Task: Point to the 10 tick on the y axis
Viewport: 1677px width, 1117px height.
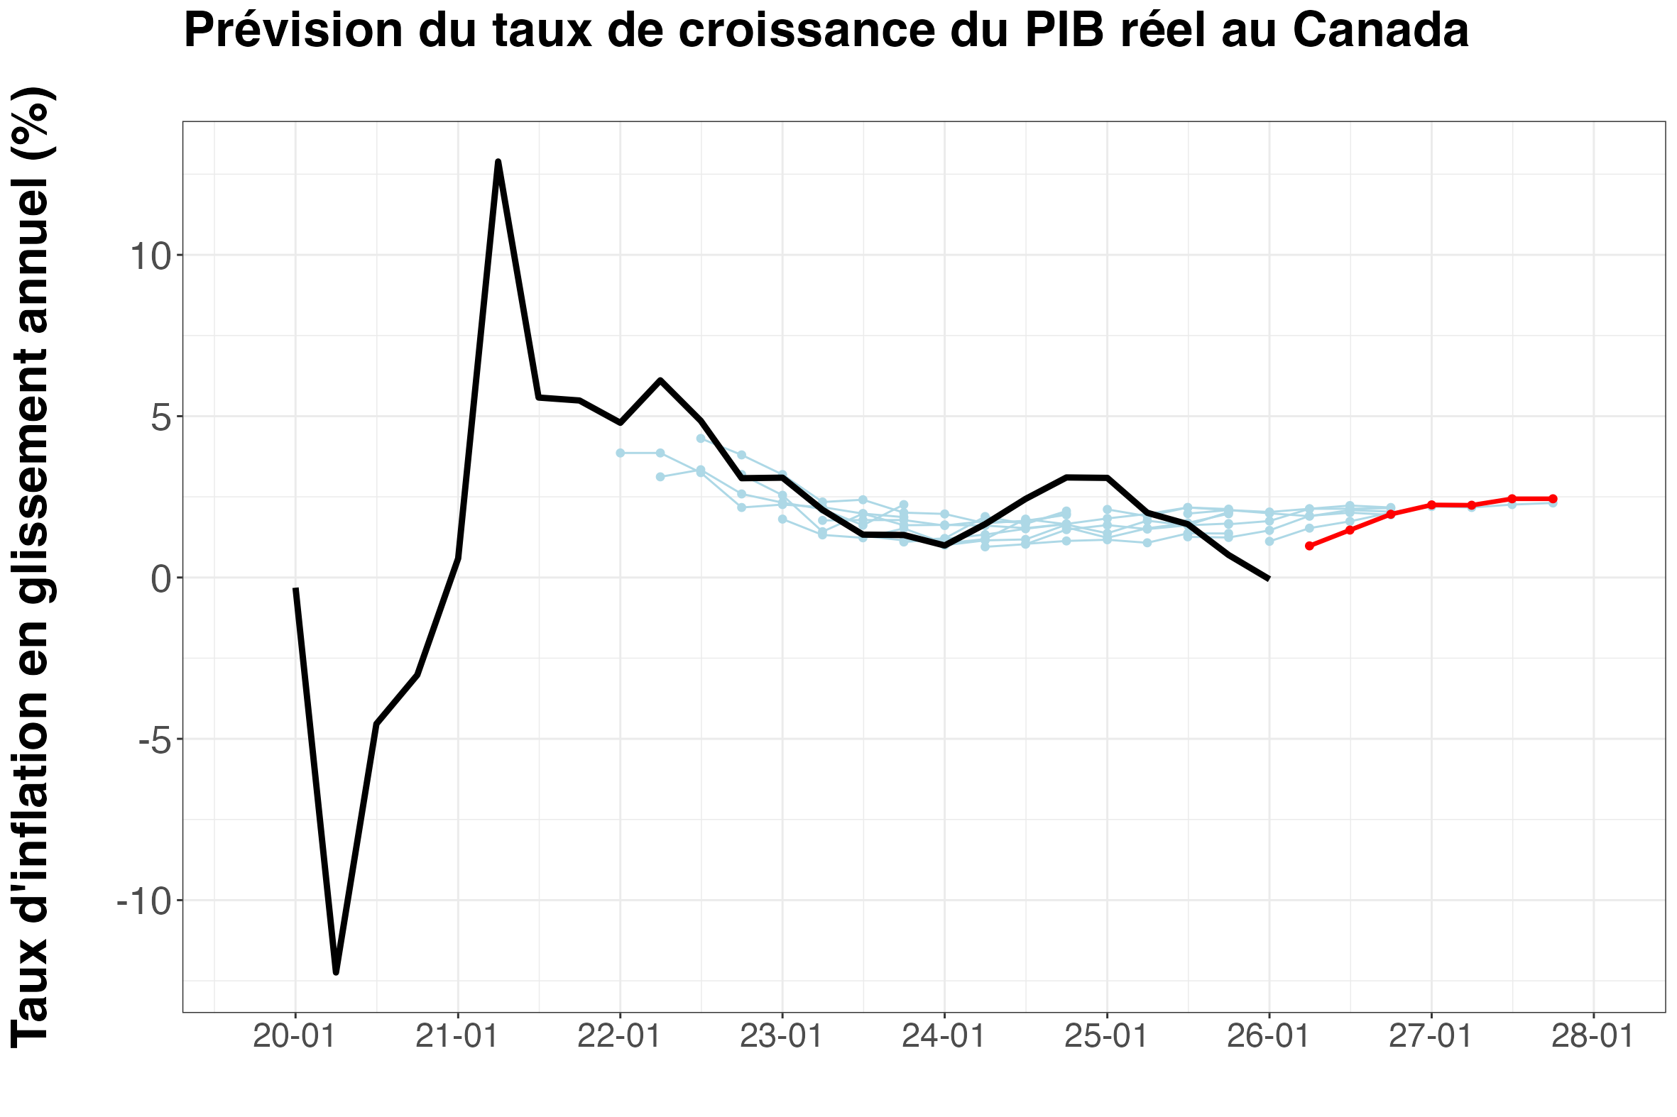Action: pos(151,256)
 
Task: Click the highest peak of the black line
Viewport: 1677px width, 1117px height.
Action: pos(498,162)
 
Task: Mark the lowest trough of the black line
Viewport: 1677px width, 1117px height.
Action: pos(336,972)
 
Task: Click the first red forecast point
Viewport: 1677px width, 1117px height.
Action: pos(1309,546)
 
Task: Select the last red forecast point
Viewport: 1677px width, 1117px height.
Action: pos(1553,499)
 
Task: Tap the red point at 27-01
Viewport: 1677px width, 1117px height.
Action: pos(1431,505)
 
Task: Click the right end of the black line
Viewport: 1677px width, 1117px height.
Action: pos(1269,579)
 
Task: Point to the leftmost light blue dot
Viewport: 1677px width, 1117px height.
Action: pos(620,453)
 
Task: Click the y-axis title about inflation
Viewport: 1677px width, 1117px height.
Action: pos(30,567)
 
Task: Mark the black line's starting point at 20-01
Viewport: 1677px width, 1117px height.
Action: pos(295,589)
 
